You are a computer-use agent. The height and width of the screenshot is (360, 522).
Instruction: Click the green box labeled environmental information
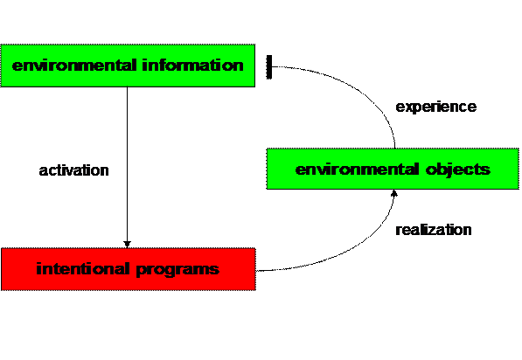[128, 66]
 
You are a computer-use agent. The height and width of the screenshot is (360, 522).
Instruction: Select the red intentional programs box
[129, 269]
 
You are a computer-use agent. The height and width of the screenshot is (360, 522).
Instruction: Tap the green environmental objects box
[393, 169]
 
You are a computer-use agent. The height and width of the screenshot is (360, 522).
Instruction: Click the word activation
[74, 170]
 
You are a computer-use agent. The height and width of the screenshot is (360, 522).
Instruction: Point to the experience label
[436, 107]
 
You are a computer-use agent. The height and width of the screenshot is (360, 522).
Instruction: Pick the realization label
[434, 230]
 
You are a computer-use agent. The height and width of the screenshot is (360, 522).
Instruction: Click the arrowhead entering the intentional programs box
[127, 245]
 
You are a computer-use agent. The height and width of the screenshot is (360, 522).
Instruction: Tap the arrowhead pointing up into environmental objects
[394, 193]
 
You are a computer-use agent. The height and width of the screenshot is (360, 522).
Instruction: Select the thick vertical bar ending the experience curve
[269, 67]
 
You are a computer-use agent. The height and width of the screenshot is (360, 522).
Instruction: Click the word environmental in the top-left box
[74, 66]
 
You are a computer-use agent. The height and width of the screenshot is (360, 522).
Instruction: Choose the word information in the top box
[192, 66]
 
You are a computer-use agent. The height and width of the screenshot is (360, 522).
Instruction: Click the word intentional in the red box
[82, 269]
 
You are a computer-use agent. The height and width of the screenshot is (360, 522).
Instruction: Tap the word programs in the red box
[177, 270]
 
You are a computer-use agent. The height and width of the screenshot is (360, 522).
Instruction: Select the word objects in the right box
[458, 170]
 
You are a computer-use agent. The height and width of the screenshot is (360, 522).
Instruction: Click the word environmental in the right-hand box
[357, 170]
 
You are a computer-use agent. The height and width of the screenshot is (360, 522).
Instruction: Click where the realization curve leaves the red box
[256, 271]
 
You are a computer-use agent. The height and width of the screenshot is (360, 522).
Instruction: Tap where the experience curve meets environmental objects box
[395, 149]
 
